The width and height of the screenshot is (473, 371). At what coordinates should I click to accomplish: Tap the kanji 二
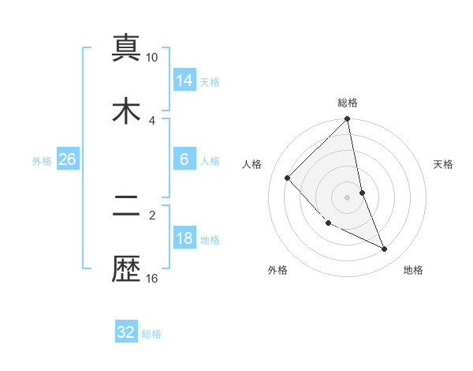tap(126, 208)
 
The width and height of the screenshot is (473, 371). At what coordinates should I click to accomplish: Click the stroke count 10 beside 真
tap(152, 58)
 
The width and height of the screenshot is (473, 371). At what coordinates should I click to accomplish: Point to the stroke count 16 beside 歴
tap(152, 278)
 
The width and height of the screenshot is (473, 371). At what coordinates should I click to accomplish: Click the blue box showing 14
tap(184, 80)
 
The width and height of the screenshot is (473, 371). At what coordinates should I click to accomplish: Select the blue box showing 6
tap(184, 159)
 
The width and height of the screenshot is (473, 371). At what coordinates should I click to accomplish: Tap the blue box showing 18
tap(184, 238)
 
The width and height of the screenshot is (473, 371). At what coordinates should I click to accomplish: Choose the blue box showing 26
tap(68, 159)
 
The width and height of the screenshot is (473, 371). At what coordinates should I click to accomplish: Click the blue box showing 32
tap(126, 332)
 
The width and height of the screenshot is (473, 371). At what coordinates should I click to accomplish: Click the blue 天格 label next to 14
tap(210, 81)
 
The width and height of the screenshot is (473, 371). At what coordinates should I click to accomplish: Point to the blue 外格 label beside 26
tap(42, 161)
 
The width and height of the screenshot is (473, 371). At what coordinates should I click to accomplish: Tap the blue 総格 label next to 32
tap(151, 334)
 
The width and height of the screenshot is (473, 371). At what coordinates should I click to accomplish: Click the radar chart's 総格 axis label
tap(348, 103)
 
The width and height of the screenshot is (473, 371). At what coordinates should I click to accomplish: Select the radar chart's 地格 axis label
tap(413, 270)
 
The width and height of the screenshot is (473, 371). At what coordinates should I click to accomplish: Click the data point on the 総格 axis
tap(348, 120)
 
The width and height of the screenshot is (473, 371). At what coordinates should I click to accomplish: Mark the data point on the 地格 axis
tap(385, 249)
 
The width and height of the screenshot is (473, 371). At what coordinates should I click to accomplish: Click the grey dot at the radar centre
tap(348, 197)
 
